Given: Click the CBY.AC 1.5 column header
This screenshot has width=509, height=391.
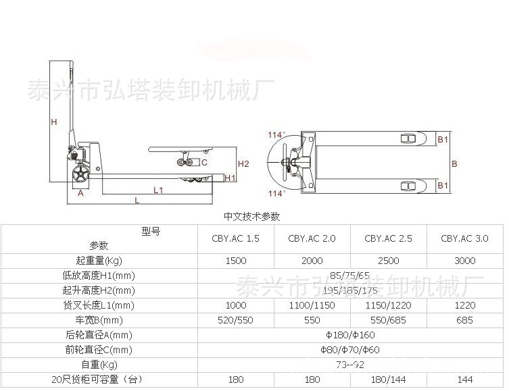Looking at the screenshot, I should pyautogui.click(x=235, y=238).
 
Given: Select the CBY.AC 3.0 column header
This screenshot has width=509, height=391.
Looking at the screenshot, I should pyautogui.click(x=464, y=238).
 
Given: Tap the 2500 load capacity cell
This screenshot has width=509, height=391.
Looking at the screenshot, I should pyautogui.click(x=388, y=261).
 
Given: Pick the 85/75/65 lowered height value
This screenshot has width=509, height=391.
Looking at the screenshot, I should pyautogui.click(x=350, y=276).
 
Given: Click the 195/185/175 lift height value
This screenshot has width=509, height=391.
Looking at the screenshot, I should pyautogui.click(x=350, y=290).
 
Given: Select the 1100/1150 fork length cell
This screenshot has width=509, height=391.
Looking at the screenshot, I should pyautogui.click(x=312, y=305).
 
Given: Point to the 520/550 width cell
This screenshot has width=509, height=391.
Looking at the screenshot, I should pyautogui.click(x=235, y=320).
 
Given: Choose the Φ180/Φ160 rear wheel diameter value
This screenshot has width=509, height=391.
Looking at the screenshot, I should pyautogui.click(x=350, y=335).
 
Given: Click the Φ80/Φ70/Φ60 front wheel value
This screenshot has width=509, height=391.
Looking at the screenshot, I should pyautogui.click(x=350, y=350).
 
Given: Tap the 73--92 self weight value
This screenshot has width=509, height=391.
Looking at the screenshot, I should pyautogui.click(x=350, y=365).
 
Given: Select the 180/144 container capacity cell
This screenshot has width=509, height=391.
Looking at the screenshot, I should pyautogui.click(x=388, y=380).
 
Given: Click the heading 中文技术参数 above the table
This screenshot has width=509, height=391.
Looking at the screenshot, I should pyautogui.click(x=251, y=217).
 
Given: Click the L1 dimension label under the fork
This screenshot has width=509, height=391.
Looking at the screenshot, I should pyautogui.click(x=157, y=190).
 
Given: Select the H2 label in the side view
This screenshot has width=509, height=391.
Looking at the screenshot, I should pyautogui.click(x=243, y=163).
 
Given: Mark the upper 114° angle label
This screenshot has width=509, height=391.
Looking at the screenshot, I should pyautogui.click(x=276, y=134).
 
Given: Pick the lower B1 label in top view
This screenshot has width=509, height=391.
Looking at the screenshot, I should pyautogui.click(x=443, y=185).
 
